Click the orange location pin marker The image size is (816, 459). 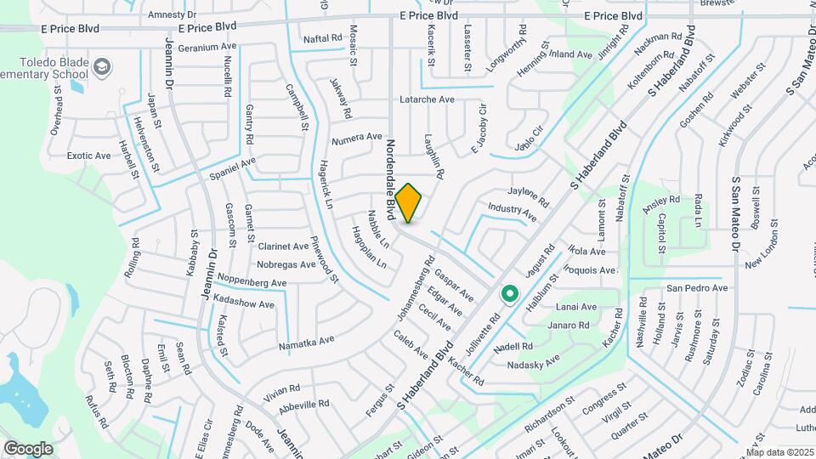point(409,202)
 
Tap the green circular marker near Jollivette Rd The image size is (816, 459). point(510,294)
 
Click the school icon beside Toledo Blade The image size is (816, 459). point(101,67)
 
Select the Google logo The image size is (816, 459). point(28,449)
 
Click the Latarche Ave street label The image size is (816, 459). point(428,99)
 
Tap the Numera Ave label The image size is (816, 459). point(357,137)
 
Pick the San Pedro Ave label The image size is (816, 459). point(697,288)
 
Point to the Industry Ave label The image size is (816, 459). point(513,212)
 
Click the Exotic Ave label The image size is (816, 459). point(89,156)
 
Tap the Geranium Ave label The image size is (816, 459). point(207,48)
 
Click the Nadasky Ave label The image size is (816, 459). point(533,363)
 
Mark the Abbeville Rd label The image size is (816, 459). point(303,405)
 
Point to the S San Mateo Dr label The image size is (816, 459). point(735,212)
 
